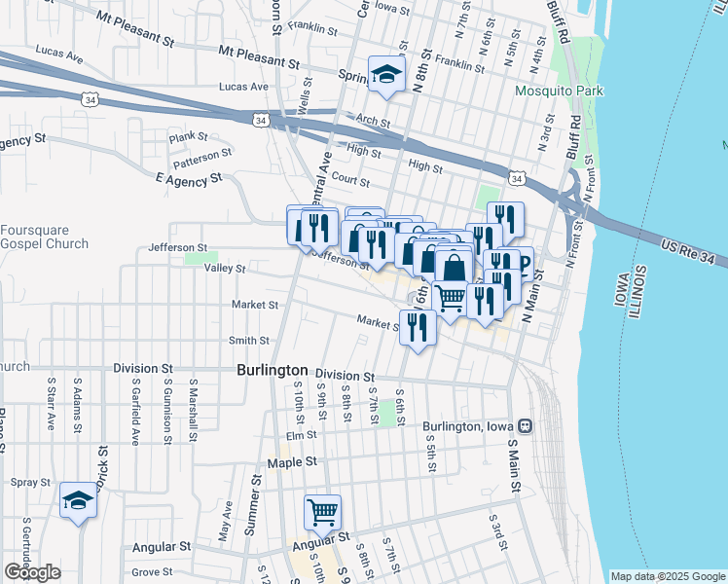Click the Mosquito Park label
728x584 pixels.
coord(561,91)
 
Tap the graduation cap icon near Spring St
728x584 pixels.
coord(386,75)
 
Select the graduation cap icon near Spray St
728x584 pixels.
coord(77,500)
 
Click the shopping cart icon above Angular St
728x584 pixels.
coord(322,511)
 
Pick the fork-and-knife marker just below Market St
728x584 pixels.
coord(418,329)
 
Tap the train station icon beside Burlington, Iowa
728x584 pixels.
coord(526,426)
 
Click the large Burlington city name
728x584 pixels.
coord(273,371)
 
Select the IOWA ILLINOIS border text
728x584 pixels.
coord(627,288)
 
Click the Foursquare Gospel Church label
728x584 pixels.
coord(44,237)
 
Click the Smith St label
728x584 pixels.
coord(248,340)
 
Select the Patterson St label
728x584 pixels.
coord(202,153)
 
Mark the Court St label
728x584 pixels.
coord(350,181)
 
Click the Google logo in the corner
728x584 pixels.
coord(32,572)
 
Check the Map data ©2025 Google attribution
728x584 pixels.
coord(667,576)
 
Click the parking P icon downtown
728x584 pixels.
coord(523,264)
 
